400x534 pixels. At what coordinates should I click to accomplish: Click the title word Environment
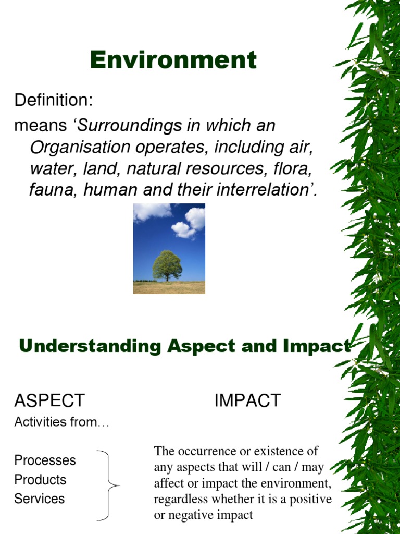tap(173, 60)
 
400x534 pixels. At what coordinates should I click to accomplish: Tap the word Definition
tap(53, 100)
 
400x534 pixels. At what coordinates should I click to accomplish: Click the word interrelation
tap(265, 190)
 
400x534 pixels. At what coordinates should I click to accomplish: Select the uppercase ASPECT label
tap(49, 400)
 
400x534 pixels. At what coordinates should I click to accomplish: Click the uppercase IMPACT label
tap(247, 400)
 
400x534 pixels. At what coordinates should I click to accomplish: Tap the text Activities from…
tap(62, 422)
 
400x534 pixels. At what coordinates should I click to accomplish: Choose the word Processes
tap(45, 460)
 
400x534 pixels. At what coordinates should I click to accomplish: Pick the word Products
tap(40, 480)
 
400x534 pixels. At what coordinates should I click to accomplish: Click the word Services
tap(39, 499)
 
